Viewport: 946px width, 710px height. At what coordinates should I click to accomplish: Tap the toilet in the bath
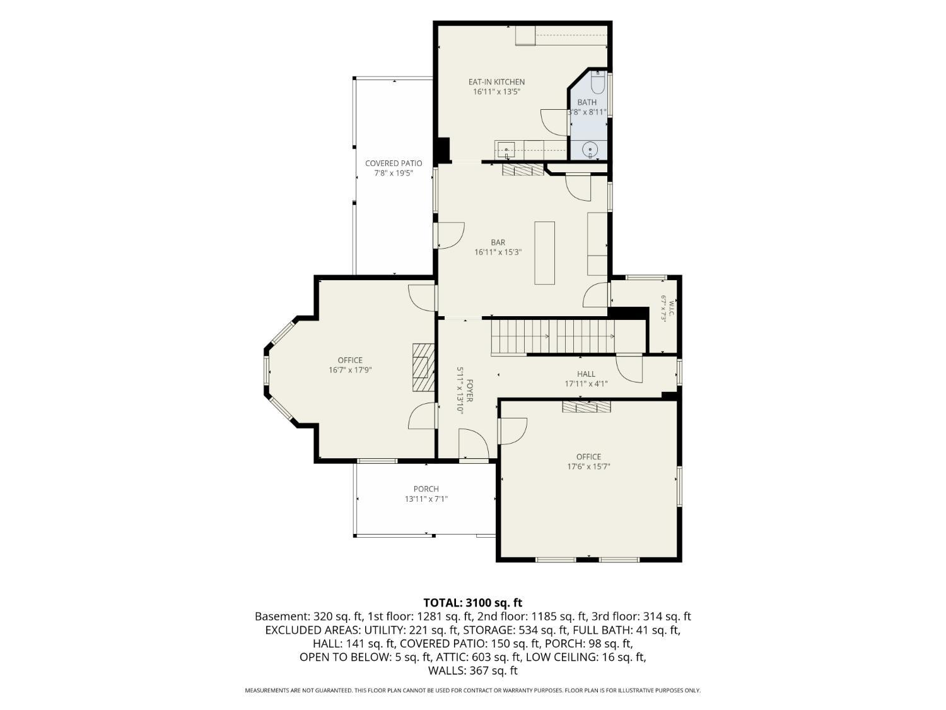[x=597, y=82]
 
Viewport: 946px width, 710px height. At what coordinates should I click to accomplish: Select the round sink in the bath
[x=590, y=150]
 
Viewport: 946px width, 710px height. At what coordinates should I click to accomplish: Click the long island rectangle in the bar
[x=544, y=253]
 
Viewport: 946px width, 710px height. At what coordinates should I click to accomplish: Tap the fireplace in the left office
[x=423, y=367]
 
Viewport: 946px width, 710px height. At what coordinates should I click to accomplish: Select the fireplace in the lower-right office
[x=587, y=406]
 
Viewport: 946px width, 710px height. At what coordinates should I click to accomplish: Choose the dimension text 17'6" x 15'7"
[x=588, y=466]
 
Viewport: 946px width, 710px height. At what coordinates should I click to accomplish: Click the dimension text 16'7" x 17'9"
[x=350, y=370]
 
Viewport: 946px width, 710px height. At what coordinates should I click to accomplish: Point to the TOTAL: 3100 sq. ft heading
[x=473, y=603]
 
